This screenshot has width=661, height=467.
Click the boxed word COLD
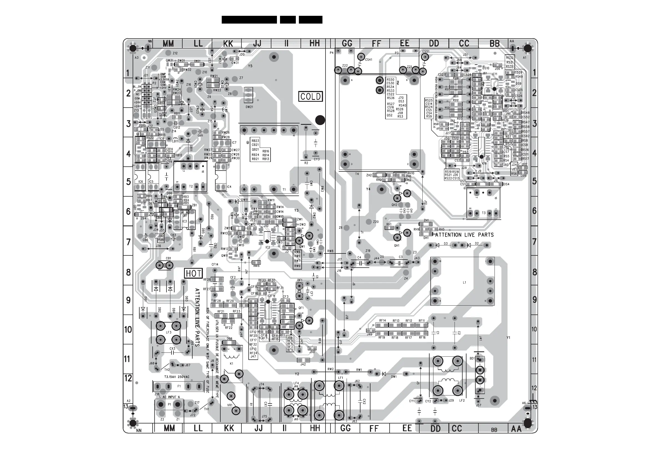click(310, 97)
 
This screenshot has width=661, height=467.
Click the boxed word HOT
click(193, 273)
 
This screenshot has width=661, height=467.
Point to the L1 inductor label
click(464, 283)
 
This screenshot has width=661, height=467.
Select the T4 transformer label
click(357, 174)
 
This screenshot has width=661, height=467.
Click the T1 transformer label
click(284, 190)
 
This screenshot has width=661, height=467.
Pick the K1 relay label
click(231, 363)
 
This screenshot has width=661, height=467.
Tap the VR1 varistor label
click(229, 405)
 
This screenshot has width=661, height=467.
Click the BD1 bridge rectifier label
click(472, 359)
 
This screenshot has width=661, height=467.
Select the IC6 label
click(140, 182)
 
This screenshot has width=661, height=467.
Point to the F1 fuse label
click(179, 386)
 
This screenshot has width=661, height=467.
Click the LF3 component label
click(168, 332)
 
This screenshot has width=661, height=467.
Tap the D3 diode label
click(446, 244)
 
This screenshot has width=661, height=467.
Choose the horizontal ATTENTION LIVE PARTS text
click(464, 235)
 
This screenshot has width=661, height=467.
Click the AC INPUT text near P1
click(171, 397)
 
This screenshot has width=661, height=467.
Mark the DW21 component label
click(249, 107)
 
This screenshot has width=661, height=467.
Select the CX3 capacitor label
click(172, 349)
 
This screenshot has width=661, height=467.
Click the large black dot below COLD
click(320, 120)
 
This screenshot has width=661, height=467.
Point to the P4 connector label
click(332, 53)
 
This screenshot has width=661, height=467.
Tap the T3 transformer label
click(484, 213)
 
